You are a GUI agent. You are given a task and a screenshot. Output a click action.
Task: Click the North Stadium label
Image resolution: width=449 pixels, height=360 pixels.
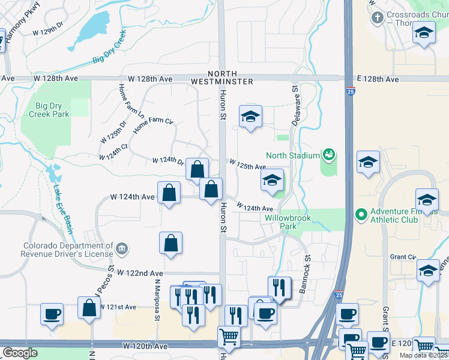pos(292,155)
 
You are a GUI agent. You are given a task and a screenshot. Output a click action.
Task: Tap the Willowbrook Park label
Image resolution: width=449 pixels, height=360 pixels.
pos(288,223)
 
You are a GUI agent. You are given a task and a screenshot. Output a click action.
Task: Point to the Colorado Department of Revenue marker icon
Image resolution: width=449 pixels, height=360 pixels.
pos(121,248)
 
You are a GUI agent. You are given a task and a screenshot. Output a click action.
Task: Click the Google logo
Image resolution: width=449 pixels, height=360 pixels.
pos(20,353)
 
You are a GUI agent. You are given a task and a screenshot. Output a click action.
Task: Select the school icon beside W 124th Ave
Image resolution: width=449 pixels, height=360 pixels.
pos(272,180)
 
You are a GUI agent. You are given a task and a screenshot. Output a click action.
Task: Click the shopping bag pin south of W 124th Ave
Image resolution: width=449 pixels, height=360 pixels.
pos(170,243)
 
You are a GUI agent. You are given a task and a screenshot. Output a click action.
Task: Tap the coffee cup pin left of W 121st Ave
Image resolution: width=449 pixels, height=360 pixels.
pos(52,314)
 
